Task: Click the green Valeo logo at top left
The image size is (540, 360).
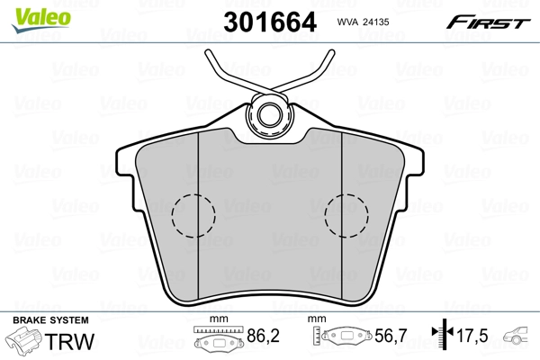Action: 32,12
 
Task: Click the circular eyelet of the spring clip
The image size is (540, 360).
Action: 270,113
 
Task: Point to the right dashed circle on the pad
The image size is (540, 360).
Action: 346,216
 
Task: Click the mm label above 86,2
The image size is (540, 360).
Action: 215,320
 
